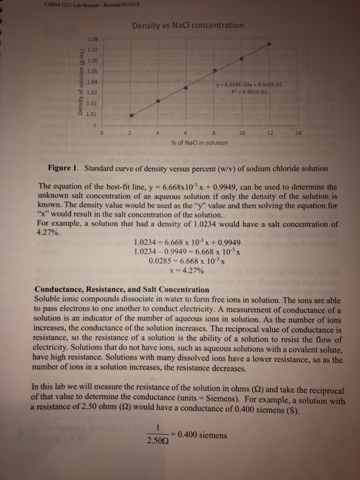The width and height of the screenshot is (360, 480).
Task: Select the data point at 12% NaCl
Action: (269, 43)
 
